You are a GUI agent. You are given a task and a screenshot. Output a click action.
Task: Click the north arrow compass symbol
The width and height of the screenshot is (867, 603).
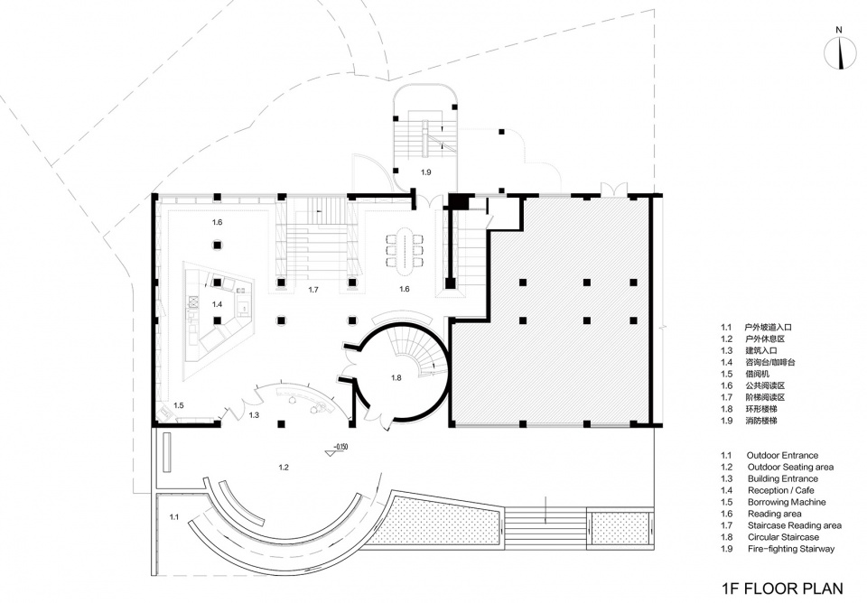[840, 53]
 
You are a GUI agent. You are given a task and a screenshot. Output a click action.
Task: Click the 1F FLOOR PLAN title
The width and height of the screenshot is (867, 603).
[782, 587]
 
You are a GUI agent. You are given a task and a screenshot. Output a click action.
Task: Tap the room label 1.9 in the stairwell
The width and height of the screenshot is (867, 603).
[425, 172]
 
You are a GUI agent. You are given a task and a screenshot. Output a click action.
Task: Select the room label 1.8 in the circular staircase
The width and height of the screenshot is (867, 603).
[396, 378]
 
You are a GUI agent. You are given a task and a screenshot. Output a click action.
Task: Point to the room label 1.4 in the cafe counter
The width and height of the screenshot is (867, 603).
[217, 304]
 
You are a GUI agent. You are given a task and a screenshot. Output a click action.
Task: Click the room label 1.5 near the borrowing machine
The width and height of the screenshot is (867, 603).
[178, 405]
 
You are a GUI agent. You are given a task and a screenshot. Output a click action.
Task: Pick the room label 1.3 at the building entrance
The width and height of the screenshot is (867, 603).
[254, 415]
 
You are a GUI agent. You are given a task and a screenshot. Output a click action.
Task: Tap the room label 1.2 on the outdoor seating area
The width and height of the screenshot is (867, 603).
[284, 468]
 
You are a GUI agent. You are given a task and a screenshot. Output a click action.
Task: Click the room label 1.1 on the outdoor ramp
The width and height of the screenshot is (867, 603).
[174, 517]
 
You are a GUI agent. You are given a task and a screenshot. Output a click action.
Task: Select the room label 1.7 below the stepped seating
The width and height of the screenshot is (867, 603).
[313, 290]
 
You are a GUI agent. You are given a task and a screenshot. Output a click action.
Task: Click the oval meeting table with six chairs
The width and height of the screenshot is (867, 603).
[406, 250]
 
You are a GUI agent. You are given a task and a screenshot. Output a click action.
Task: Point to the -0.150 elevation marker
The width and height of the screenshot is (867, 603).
[337, 450]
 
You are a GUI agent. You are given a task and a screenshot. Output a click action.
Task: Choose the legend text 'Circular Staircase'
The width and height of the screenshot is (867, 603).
[783, 537]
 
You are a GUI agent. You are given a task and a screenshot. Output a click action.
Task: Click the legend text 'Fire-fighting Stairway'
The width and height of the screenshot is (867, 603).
[791, 549]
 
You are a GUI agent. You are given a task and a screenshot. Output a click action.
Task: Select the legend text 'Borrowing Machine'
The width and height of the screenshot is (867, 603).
[787, 503]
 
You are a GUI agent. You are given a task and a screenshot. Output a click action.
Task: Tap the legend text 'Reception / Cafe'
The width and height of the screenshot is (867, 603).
[780, 491]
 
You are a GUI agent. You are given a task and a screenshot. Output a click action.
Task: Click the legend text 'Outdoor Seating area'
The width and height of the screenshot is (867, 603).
[790, 468]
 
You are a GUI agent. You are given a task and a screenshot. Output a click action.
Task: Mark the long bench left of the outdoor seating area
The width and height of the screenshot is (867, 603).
[168, 452]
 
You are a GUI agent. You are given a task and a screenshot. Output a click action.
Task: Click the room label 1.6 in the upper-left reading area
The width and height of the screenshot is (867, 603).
[217, 222]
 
